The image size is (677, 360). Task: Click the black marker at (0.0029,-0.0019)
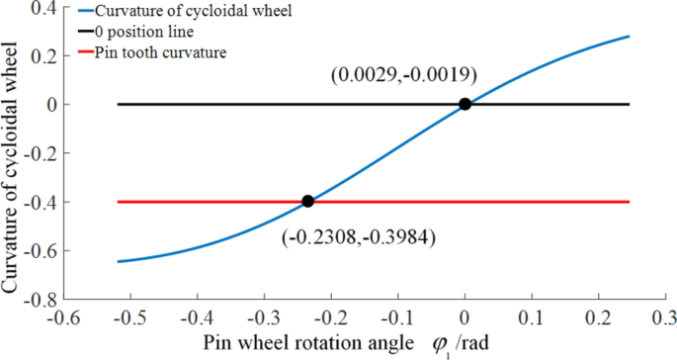(x=465, y=104)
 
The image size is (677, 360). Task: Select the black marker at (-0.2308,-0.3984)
(x=307, y=201)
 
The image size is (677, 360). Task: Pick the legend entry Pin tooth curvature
(x=160, y=51)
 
